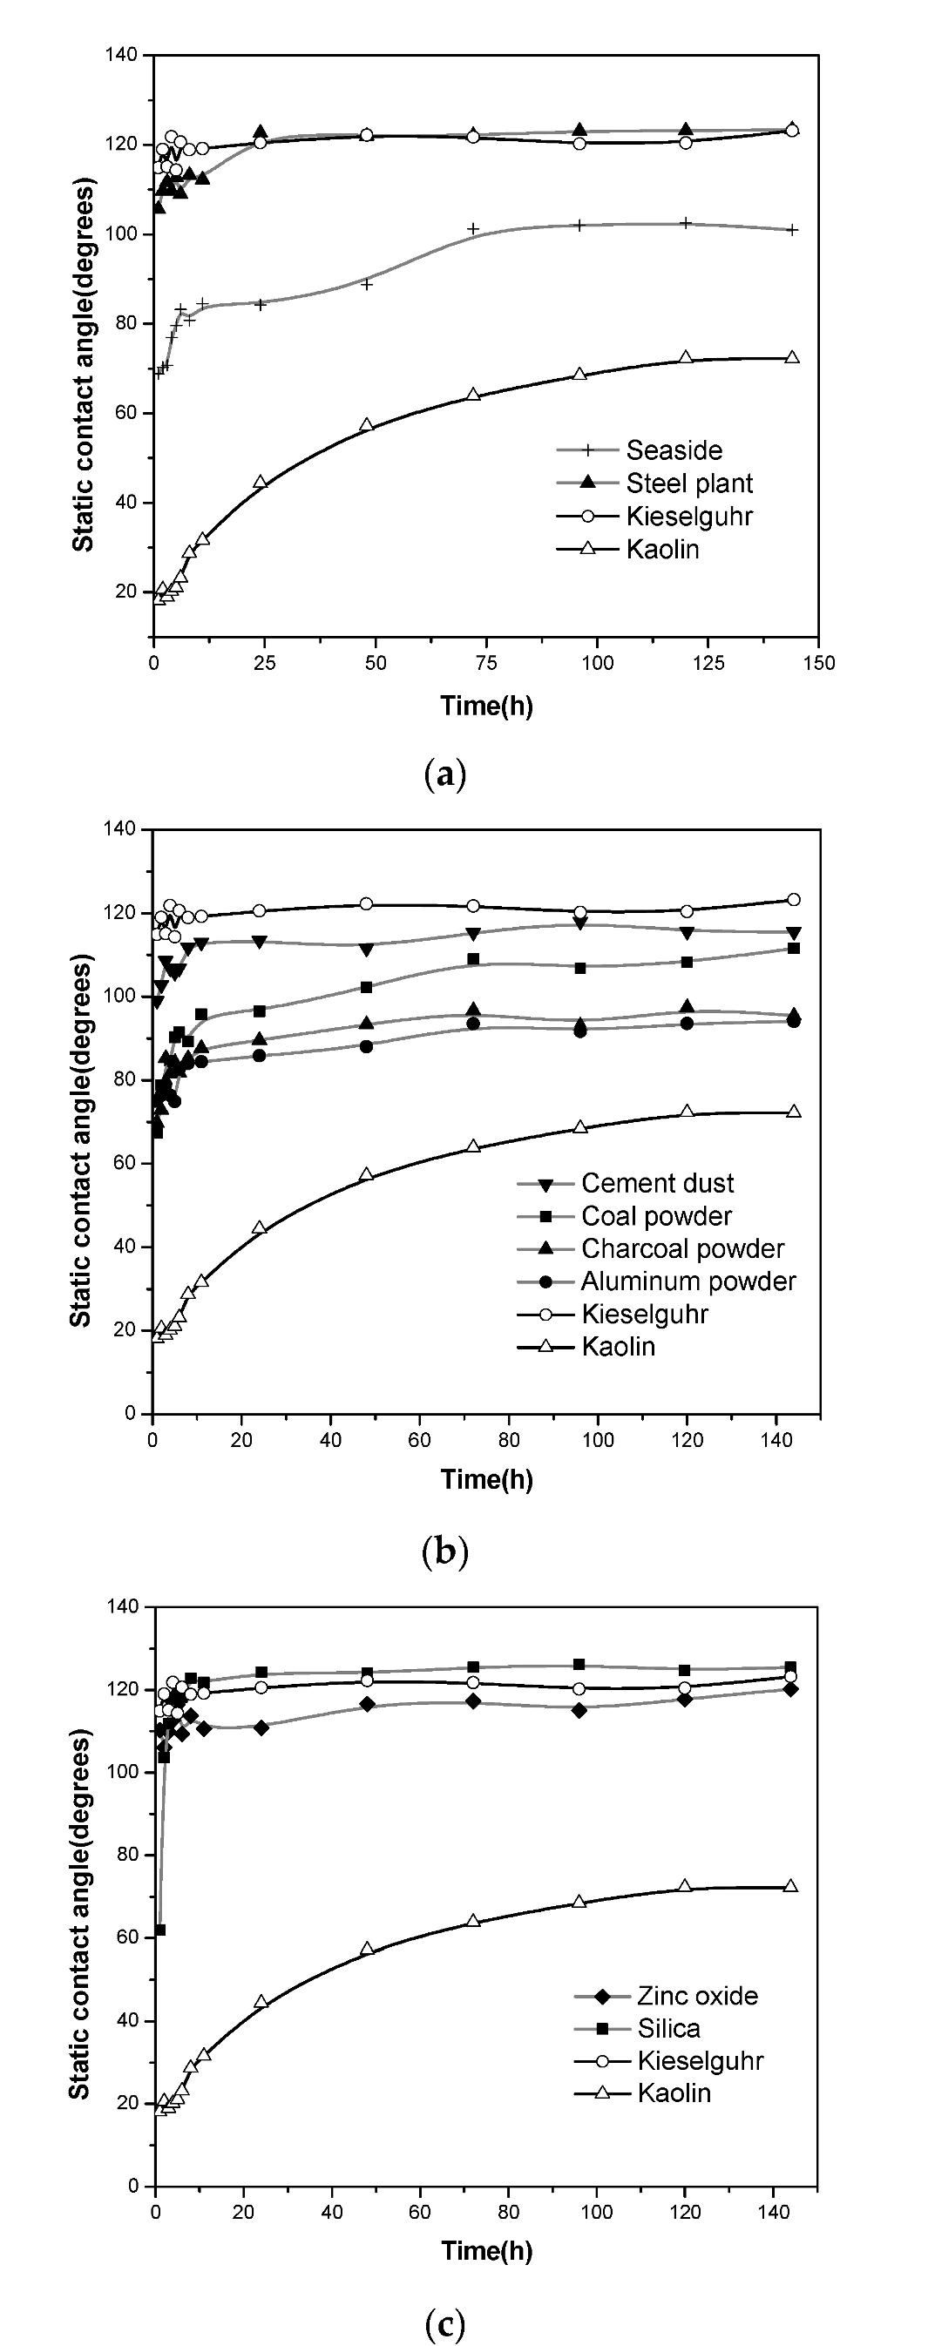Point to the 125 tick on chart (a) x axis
point(708,663)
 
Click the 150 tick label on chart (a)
point(819,663)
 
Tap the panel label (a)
point(445,775)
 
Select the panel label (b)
point(445,1549)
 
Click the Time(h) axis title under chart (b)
point(486,1479)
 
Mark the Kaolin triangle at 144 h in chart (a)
point(792,357)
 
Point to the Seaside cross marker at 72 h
point(472,228)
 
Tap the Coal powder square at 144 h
point(793,948)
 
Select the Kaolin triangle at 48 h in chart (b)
point(366,1174)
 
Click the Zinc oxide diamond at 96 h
point(579,1710)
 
